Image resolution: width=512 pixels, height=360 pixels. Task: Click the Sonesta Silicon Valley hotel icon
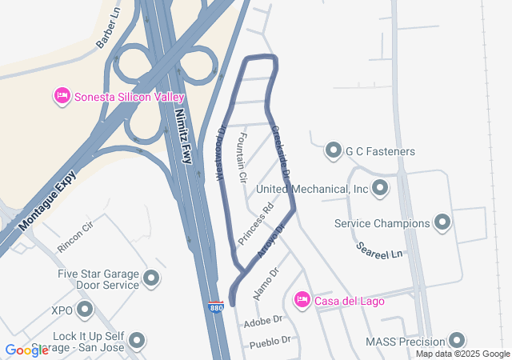click(62, 97)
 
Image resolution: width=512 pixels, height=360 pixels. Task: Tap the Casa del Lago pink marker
click(302, 300)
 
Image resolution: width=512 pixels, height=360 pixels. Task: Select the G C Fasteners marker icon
click(333, 150)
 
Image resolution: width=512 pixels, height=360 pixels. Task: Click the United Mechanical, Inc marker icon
click(380, 189)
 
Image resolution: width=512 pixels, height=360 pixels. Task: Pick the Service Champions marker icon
click(442, 223)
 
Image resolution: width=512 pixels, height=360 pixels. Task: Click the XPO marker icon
click(85, 309)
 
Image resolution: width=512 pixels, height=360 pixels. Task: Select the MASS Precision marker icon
click(457, 341)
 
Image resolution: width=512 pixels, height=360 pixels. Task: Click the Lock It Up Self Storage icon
click(137, 341)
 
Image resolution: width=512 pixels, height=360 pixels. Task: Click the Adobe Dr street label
click(267, 319)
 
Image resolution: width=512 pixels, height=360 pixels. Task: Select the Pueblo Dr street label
click(270, 341)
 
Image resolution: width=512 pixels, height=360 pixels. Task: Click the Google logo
click(26, 350)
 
